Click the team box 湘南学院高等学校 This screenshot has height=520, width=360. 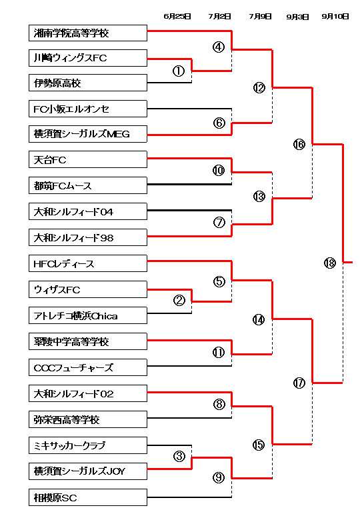pos(88,33)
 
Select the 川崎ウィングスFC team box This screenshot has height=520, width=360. pos(88,58)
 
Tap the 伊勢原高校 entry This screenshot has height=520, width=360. pos(88,83)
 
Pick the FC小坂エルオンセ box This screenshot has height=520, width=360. pos(88,109)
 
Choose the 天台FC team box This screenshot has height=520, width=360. pos(88,159)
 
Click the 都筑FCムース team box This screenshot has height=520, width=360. pos(88,185)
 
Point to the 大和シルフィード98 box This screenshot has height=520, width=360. pos(88,237)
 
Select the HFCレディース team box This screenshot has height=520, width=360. pos(88,263)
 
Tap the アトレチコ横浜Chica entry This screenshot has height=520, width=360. pos(88,315)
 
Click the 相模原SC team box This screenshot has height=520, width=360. pos(88,497)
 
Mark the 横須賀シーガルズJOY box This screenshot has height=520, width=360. pos(88,471)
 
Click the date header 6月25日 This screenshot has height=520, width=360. pos(177,16)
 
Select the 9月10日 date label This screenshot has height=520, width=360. pos(335,16)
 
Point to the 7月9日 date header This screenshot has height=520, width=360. pos(260,16)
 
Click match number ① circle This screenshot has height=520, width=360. pos(179,71)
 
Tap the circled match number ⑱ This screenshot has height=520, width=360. pos(330,263)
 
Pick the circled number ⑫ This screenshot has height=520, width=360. pos(259,87)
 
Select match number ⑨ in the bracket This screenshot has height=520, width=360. pos(219,477)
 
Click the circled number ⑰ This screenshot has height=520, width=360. pos(299,383)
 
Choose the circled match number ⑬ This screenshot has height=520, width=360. pos(259,197)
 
